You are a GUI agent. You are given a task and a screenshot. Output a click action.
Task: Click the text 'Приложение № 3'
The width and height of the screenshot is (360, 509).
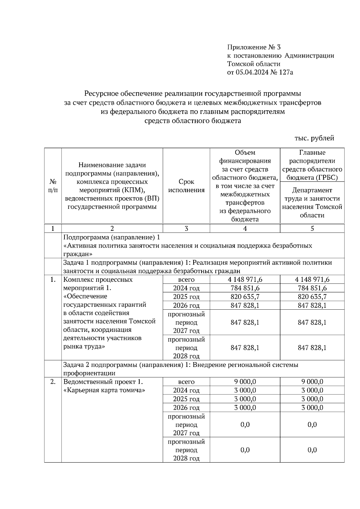tap(254, 47)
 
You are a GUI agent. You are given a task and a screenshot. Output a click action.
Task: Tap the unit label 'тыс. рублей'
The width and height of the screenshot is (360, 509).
tap(314, 138)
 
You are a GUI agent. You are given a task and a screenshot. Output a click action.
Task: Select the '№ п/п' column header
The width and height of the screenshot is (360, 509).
tap(53, 186)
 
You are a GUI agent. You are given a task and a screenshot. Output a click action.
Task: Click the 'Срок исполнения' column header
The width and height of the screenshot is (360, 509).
tap(186, 186)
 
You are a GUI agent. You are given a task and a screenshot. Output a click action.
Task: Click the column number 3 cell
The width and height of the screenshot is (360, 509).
tap(186, 228)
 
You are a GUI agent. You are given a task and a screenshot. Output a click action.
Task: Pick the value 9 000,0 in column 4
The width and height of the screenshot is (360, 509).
tap(245, 382)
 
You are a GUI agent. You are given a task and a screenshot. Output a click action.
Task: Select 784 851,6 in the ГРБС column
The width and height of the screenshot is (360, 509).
tap(312, 288)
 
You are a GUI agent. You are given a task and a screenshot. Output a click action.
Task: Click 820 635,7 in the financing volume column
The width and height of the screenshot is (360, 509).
tap(245, 297)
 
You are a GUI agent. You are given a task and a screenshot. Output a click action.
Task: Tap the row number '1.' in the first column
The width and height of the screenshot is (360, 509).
tap(53, 280)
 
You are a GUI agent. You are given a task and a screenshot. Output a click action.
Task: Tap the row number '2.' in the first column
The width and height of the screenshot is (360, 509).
tap(53, 382)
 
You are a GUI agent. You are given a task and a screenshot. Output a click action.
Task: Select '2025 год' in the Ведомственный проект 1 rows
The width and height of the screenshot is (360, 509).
tap(186, 399)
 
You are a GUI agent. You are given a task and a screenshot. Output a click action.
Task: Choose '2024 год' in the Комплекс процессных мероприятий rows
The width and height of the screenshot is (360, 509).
tap(186, 288)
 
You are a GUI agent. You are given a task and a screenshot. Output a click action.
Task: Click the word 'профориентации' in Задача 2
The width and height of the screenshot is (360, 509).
tap(89, 373)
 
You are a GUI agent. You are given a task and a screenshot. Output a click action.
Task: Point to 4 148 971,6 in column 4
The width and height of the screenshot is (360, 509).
tap(245, 279)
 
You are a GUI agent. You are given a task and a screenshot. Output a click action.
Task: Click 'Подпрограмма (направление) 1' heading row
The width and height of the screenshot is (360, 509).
tap(112, 237)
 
